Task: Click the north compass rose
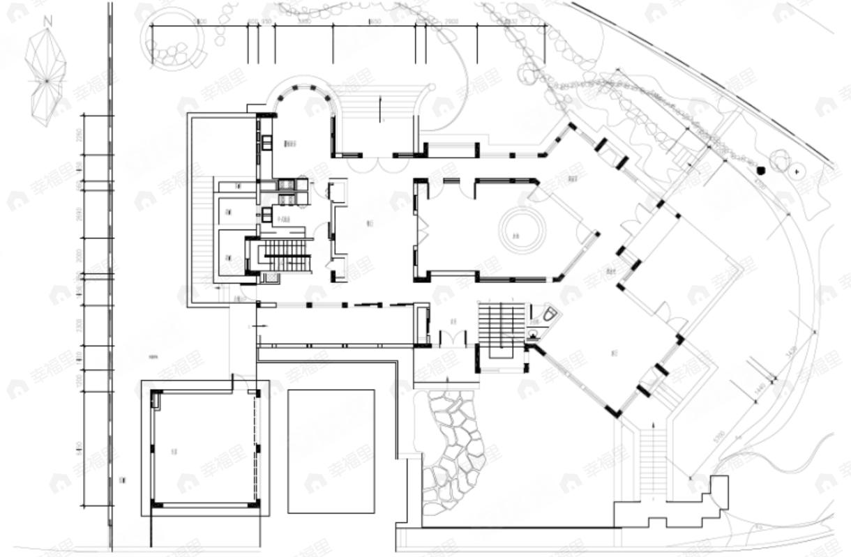click(46, 74)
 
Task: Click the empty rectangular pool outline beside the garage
click(331, 451)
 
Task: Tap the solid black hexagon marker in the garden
click(761, 169)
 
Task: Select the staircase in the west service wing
click(287, 255)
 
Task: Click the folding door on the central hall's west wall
click(421, 230)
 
